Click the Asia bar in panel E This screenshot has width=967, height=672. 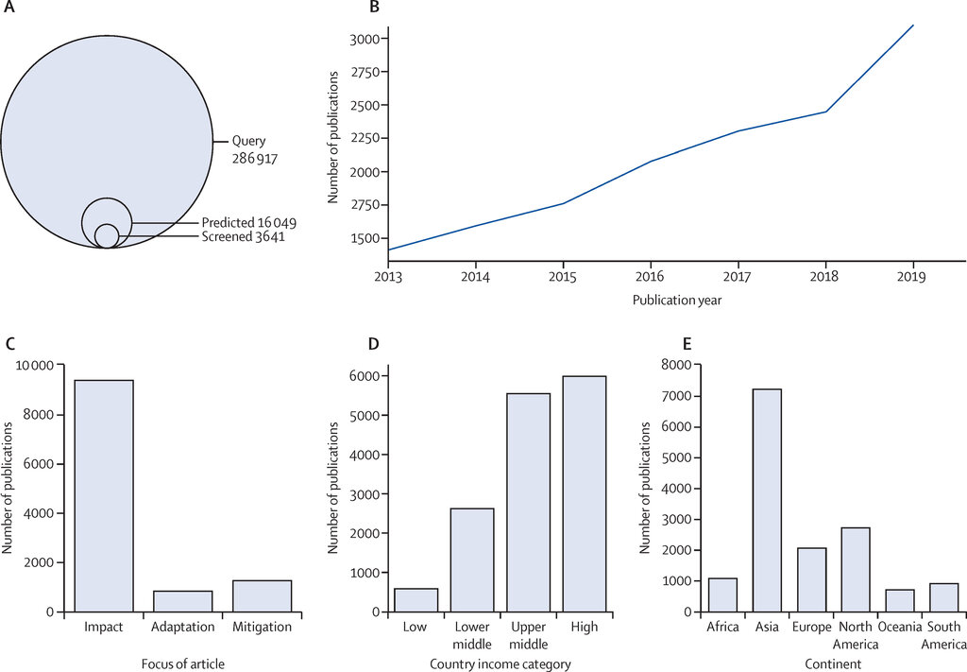click(767, 500)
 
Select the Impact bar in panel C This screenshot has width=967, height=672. click(104, 496)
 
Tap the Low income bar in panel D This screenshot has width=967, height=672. click(416, 600)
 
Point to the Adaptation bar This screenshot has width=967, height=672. click(182, 602)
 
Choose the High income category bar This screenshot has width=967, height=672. click(585, 494)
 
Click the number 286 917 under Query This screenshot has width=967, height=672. click(255, 159)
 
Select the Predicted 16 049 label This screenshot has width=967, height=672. click(249, 222)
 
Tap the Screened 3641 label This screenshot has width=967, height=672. click(244, 236)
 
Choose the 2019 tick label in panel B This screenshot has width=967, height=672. click(911, 276)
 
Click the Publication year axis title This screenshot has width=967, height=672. click(677, 301)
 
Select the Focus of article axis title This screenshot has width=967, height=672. click(183, 664)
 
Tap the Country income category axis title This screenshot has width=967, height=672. click(500, 664)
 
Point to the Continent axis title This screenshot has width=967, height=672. click(833, 664)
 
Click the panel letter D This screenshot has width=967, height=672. click(373, 344)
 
